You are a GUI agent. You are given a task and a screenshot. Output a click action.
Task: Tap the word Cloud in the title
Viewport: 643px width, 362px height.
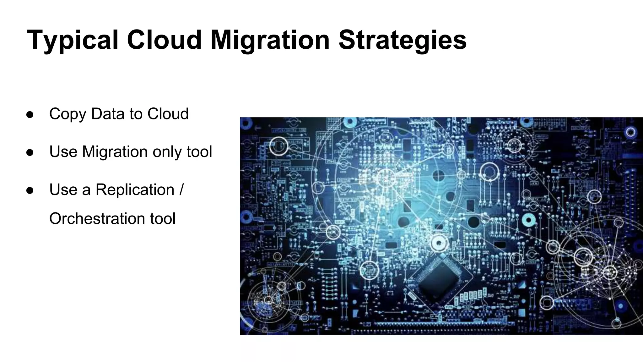pyautogui.click(x=164, y=40)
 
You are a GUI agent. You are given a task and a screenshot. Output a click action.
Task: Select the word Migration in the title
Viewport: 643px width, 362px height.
pyautogui.click(x=270, y=40)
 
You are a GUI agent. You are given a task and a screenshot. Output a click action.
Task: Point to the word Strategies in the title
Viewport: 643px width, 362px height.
pyautogui.click(x=403, y=40)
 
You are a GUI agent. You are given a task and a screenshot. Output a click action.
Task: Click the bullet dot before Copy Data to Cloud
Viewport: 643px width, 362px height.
pyautogui.click(x=30, y=114)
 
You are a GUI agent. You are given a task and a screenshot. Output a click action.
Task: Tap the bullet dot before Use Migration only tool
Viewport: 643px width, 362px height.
pyautogui.click(x=30, y=152)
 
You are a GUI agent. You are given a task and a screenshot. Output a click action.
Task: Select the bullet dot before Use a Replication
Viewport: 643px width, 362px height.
pyautogui.click(x=30, y=190)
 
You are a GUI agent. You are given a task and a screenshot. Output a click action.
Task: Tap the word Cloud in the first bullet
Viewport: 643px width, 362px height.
pyautogui.click(x=168, y=114)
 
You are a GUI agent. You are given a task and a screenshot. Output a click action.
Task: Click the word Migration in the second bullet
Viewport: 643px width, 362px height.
pyautogui.click(x=115, y=152)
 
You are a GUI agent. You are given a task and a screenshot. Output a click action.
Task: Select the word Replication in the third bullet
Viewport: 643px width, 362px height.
pyautogui.click(x=135, y=190)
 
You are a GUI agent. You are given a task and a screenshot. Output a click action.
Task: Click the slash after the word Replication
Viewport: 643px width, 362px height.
pyautogui.click(x=181, y=190)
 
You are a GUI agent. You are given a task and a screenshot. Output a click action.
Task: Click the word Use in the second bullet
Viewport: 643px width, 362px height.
pyautogui.click(x=63, y=152)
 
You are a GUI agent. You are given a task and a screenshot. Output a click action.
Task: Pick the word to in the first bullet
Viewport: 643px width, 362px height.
pyautogui.click(x=136, y=114)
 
